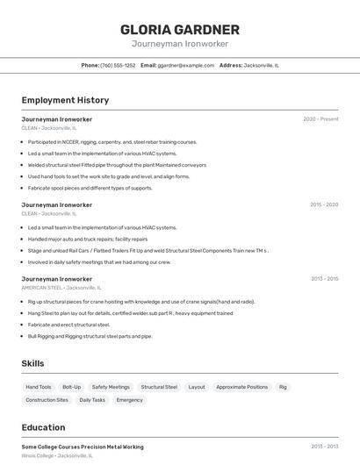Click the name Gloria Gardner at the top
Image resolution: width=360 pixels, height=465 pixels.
(180, 30)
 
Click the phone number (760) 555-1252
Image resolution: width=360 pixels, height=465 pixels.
(118, 65)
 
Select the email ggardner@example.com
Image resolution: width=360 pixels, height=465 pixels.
(186, 65)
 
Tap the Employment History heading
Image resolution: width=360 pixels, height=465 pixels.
(65, 100)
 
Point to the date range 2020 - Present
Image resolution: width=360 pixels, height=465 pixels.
(320, 119)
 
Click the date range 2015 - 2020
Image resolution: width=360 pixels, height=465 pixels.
(324, 204)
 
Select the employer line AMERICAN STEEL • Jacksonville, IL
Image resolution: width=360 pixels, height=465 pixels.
(61, 288)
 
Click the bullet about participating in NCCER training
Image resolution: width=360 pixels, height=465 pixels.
(112, 142)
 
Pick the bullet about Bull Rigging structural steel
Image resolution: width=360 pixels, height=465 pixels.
(90, 336)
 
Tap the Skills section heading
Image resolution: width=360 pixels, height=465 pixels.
(32, 363)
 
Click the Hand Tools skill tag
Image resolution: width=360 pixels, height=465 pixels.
(39, 387)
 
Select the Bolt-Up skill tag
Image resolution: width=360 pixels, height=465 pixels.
(72, 387)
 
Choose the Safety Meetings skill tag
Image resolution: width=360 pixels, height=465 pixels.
(111, 387)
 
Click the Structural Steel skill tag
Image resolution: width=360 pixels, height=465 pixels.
(159, 387)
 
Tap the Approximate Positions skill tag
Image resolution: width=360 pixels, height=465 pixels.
(241, 387)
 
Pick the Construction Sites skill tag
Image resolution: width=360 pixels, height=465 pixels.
(47, 400)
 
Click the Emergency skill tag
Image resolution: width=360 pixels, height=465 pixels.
(129, 400)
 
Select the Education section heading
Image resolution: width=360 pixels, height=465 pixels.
(43, 427)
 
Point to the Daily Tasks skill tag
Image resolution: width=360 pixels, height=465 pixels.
(92, 400)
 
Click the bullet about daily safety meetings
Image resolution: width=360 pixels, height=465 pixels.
(99, 261)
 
